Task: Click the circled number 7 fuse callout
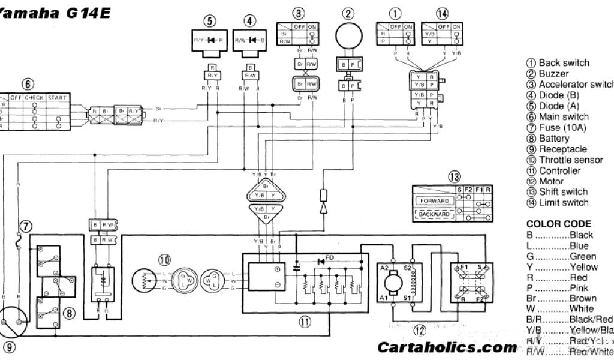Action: [x=25, y=226]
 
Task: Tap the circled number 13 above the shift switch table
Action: [x=455, y=176]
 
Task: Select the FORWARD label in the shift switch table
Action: [x=434, y=200]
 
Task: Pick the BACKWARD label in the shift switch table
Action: [x=434, y=214]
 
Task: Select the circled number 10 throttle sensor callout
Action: [x=165, y=260]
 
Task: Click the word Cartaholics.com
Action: [x=447, y=347]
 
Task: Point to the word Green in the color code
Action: [x=583, y=256]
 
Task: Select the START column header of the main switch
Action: [x=58, y=97]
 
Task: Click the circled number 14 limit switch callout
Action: [x=442, y=13]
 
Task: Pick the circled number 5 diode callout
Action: [x=209, y=21]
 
